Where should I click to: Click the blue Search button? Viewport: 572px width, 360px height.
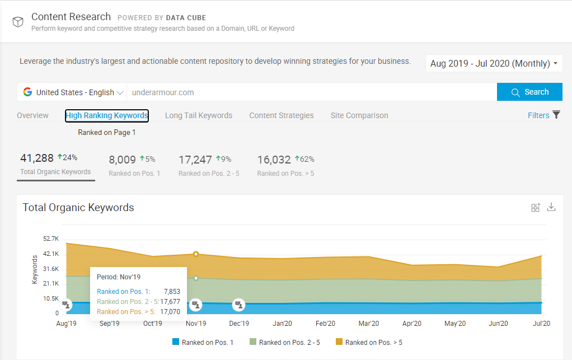tap(529, 92)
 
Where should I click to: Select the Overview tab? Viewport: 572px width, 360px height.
tap(32, 115)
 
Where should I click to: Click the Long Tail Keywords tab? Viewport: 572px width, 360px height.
tap(198, 115)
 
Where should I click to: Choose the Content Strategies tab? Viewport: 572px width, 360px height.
tap(281, 115)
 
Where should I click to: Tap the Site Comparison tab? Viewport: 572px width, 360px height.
tap(359, 115)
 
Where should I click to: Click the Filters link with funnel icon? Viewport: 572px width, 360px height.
tap(543, 115)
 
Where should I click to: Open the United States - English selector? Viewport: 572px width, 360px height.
tap(72, 92)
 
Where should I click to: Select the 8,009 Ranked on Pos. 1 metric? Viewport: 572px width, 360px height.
tap(134, 165)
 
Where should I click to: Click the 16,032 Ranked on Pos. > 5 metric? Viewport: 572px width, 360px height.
tap(285, 165)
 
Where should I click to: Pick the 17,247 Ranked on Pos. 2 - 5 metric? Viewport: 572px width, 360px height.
tap(209, 165)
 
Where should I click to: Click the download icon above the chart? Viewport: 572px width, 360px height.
tap(551, 207)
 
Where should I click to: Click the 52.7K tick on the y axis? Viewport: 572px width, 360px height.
tap(50, 239)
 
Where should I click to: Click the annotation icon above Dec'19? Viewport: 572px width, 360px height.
tap(239, 305)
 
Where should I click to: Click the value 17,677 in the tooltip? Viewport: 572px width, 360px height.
tap(170, 301)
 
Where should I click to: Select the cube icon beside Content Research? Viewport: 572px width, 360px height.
tap(18, 21)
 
